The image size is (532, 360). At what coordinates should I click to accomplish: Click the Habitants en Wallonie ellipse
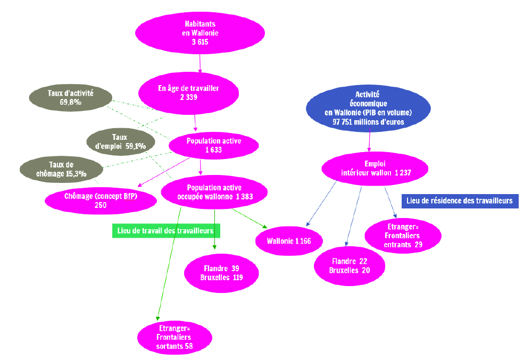coord(200,33)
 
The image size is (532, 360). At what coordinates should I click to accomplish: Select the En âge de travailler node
coord(189,93)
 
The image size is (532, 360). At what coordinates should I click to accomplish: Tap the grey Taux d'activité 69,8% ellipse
coord(71,98)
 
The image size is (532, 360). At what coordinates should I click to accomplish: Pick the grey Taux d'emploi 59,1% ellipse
coord(120,141)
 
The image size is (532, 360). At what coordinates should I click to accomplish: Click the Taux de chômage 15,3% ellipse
coord(61,169)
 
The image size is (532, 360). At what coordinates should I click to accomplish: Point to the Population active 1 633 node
coord(214,145)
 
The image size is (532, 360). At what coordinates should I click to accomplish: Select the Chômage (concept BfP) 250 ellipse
coord(101,200)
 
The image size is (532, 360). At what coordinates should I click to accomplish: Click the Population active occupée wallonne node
coord(214,192)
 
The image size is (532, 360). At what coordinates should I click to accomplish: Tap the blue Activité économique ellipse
coord(369,108)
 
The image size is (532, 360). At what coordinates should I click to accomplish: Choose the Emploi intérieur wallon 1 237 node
coord(375,169)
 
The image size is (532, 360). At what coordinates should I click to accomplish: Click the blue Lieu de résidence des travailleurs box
coord(460,201)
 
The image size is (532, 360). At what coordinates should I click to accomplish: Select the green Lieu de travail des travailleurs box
coord(166,231)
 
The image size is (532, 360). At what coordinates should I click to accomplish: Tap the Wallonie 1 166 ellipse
coord(289,241)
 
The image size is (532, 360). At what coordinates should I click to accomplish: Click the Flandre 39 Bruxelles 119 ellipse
coord(221,273)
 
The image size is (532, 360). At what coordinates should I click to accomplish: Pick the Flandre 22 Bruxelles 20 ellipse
coord(350,266)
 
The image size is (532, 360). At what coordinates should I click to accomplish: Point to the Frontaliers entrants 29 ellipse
coord(403,236)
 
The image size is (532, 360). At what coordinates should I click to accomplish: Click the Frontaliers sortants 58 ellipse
coord(174,337)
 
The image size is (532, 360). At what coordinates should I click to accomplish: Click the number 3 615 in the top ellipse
coord(200,42)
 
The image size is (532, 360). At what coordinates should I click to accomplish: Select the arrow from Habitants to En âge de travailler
coord(200,63)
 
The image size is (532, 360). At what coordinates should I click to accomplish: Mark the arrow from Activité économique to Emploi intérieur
coord(370,141)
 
